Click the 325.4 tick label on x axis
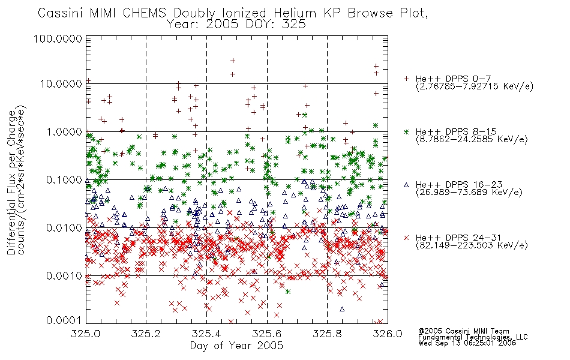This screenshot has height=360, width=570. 206,334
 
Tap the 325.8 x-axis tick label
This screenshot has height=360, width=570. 327,334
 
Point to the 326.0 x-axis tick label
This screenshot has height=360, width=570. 388,334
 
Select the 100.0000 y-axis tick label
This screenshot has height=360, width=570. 58,38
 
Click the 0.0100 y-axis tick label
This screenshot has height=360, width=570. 64,228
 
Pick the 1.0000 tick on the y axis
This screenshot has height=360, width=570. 64,131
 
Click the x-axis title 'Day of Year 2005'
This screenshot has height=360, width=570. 236,346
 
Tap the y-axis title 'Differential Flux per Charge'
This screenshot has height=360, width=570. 11,182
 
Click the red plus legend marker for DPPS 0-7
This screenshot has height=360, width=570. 406,78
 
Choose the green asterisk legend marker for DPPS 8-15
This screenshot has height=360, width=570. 406,131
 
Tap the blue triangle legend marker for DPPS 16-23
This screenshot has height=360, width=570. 406,185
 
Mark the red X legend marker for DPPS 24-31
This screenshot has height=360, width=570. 406,238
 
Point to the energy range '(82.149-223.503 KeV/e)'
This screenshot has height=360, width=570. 472,245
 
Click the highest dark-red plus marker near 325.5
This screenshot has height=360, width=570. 233,61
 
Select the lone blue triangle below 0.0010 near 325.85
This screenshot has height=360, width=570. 342,309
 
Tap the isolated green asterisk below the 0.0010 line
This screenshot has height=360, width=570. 288,292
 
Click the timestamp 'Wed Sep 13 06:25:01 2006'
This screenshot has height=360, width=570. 467,343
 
